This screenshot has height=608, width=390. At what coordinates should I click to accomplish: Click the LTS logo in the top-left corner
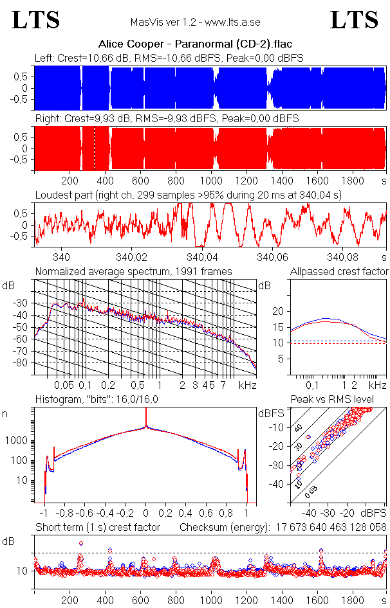tap(36, 21)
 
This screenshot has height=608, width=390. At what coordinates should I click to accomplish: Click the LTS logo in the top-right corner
tap(353, 21)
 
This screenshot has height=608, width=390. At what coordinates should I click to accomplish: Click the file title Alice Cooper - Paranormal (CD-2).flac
tap(195, 45)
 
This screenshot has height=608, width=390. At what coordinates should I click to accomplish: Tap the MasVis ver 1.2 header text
tap(194, 22)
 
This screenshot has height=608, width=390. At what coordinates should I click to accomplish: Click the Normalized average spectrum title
tap(133, 271)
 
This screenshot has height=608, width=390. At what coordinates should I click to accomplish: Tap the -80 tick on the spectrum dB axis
tap(23, 362)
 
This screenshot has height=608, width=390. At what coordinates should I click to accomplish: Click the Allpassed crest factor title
tap(339, 271)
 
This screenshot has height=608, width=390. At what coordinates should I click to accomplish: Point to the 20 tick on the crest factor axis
tap(278, 311)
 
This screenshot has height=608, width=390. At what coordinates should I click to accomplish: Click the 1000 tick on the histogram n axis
tap(18, 441)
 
